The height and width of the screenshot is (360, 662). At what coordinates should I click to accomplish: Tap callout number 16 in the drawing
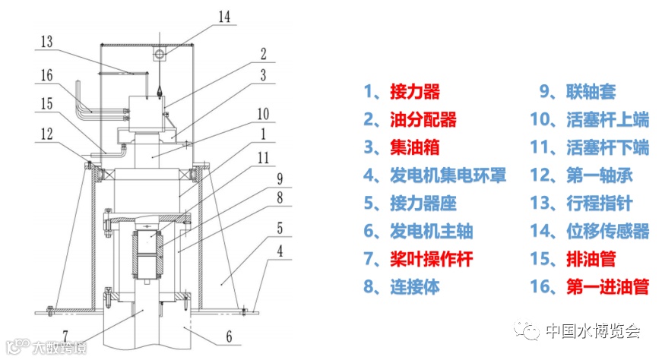[47, 75]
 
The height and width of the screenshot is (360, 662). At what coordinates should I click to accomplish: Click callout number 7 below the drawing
[66, 335]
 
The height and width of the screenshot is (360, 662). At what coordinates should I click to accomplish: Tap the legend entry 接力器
[414, 92]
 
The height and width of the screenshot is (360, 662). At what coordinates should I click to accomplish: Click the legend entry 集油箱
[414, 147]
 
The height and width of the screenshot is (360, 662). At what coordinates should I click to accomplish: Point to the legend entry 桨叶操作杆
[431, 259]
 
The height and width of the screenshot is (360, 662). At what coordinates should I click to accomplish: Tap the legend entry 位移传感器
[607, 231]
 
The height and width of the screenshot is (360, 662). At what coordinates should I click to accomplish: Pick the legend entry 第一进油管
[607, 286]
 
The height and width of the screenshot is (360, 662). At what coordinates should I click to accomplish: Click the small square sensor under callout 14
[160, 55]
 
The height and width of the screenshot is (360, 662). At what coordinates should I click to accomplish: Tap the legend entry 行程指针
[599, 204]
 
